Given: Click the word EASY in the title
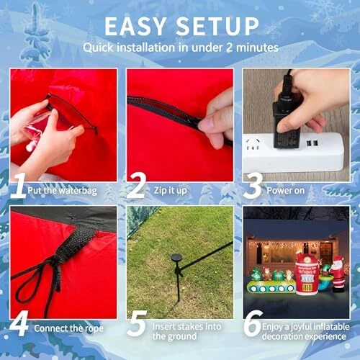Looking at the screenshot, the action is click(x=135, y=27).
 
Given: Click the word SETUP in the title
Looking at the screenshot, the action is click(x=217, y=27).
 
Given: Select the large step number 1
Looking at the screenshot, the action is click(x=19, y=186).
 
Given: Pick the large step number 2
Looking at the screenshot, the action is click(x=136, y=186).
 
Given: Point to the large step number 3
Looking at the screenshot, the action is click(x=253, y=186).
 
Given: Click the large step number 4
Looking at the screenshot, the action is click(x=19, y=323).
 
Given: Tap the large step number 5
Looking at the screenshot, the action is click(x=137, y=323).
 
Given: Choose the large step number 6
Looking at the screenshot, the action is click(x=253, y=323).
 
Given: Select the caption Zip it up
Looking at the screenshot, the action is click(x=170, y=190).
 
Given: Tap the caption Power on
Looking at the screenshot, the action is click(x=286, y=191).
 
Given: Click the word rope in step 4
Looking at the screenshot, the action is click(x=94, y=328).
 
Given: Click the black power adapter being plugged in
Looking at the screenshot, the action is click(x=286, y=122).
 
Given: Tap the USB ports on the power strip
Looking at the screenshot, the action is click(x=312, y=143).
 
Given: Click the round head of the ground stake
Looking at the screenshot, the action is click(x=177, y=258).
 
